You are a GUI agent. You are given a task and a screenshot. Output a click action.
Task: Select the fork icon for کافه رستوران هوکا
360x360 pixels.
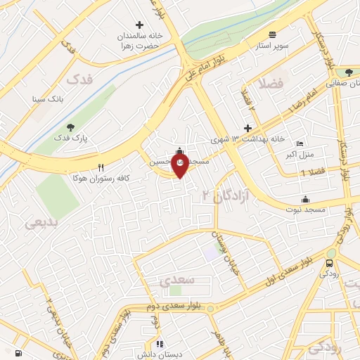[x=101, y=167]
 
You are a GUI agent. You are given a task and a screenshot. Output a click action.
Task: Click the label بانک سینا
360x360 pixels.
[x=47, y=99]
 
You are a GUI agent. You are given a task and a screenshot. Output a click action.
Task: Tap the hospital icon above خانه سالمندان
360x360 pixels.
[x=139, y=25]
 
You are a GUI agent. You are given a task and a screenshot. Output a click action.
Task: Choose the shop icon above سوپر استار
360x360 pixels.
[x=272, y=34]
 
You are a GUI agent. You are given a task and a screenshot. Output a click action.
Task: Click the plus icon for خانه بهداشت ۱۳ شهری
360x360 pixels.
[x=247, y=128]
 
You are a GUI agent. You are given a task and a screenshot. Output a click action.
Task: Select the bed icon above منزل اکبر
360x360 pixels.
[x=300, y=143]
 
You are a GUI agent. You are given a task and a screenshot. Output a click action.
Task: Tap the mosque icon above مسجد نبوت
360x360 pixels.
[x=305, y=198]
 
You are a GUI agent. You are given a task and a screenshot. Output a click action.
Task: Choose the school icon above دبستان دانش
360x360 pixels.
[x=160, y=344]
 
